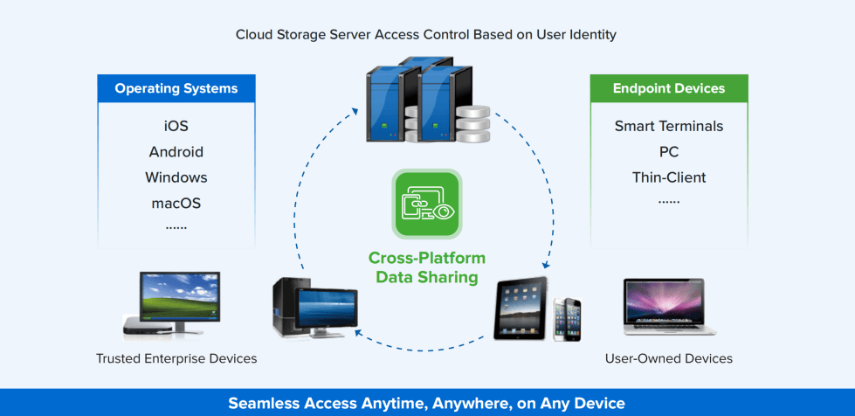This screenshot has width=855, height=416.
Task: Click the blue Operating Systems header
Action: pos(176,88)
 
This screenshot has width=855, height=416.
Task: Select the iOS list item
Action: pos(176,127)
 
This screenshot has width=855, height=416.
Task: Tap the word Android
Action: pos(176,152)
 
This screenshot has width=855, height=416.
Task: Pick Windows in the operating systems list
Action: pos(176,177)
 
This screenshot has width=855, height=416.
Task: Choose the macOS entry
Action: pos(176,203)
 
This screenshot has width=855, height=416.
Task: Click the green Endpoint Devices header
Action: pos(669,88)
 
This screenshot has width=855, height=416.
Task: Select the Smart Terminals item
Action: pos(669,127)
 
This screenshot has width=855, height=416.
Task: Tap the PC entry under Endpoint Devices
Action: pos(669,152)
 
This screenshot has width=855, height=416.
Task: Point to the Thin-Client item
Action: pos(669,177)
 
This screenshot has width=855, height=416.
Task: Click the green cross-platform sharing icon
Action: pos(427,205)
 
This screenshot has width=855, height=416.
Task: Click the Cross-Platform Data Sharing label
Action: pos(427,267)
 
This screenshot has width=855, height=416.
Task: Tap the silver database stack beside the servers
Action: pos(472,125)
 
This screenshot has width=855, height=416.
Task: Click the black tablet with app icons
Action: pos(522,309)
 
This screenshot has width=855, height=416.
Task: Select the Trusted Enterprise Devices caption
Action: pos(176,358)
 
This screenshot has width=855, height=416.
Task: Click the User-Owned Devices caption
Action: pos(669,358)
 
